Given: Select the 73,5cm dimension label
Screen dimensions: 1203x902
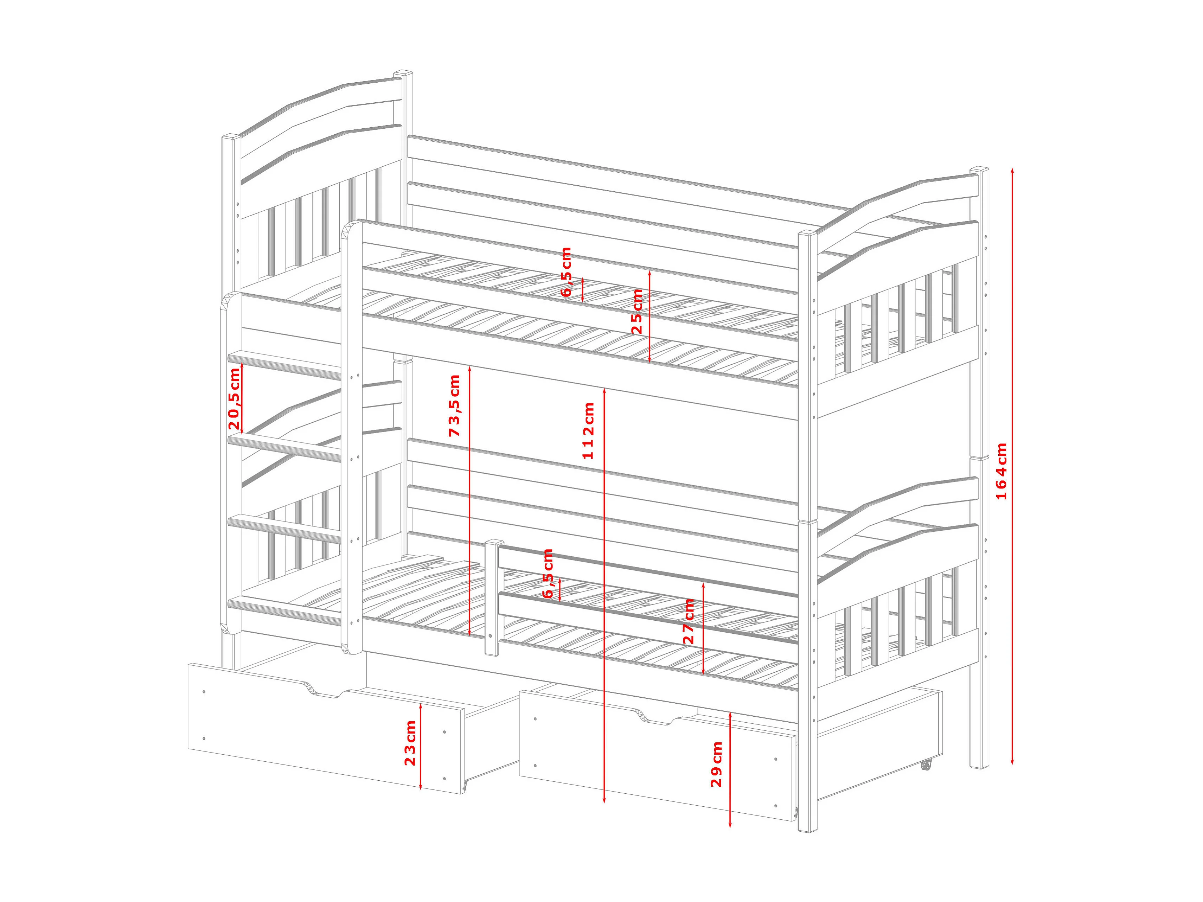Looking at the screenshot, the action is [455, 405].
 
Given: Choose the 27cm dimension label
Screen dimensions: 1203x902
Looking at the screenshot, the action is [689, 621].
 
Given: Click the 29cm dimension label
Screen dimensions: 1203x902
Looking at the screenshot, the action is [717, 764].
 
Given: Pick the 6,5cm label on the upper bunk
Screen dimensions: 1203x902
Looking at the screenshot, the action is [566, 272].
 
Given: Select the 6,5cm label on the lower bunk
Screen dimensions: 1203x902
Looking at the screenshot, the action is [548, 574].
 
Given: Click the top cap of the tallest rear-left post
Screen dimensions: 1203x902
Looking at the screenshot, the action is [403, 73].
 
